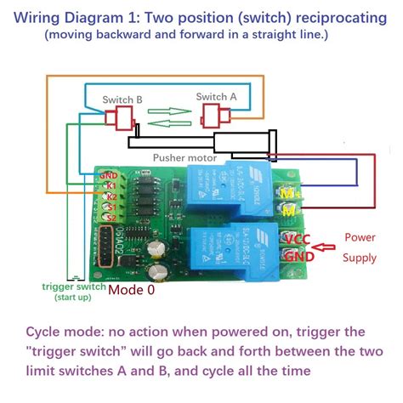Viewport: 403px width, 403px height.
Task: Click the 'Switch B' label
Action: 122,99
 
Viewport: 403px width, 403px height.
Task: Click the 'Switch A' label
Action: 216,97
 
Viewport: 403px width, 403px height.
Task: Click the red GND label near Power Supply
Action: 298,255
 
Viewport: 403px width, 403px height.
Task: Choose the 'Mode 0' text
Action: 132,289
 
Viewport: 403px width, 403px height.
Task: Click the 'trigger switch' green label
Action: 75,287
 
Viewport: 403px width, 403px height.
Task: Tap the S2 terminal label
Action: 110,218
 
